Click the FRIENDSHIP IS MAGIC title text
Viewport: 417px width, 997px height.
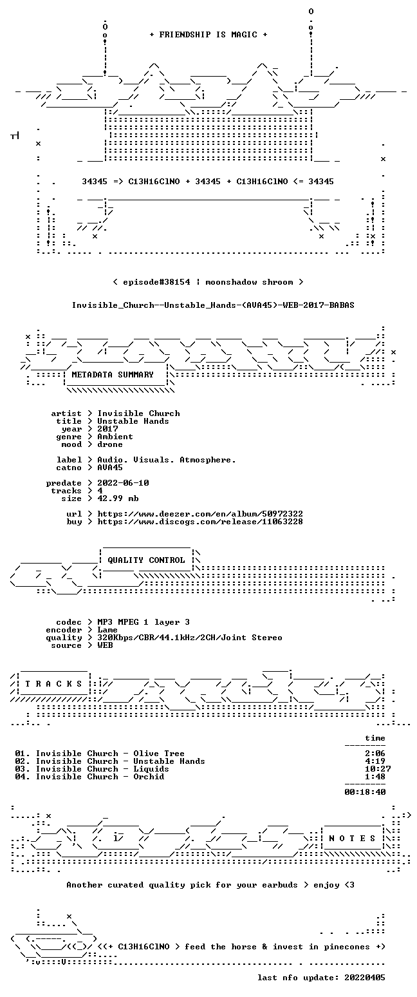[208, 35]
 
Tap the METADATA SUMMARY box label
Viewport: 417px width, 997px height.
[113, 375]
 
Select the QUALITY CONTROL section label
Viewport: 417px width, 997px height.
[146, 560]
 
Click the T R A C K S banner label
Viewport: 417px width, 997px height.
[53, 683]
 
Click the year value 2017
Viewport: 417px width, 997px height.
[108, 429]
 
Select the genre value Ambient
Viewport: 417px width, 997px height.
[115, 437]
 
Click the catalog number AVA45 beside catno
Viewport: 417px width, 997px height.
[110, 468]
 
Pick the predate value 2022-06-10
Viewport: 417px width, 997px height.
[123, 483]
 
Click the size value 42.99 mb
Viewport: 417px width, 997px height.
[118, 498]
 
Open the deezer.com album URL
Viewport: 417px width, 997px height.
[200, 513]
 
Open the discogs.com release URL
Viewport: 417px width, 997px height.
[200, 522]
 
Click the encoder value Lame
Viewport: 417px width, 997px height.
[107, 630]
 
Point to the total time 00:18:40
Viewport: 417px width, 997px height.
[365, 792]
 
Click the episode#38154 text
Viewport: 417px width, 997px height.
[156, 282]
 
